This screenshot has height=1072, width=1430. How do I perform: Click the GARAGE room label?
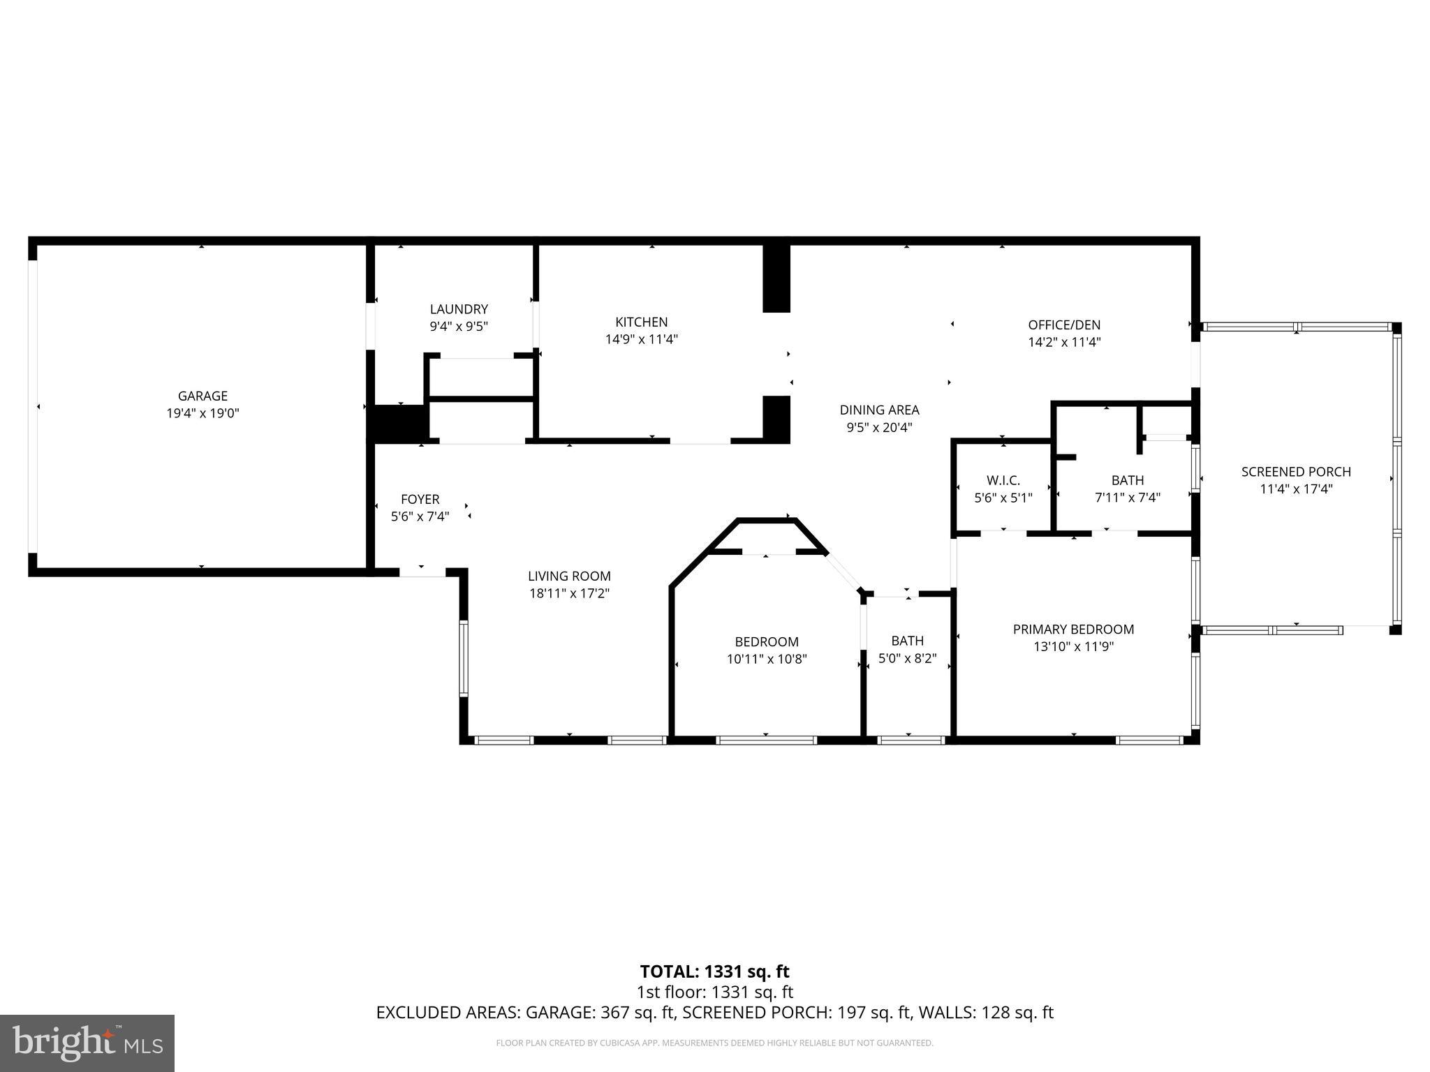(202, 396)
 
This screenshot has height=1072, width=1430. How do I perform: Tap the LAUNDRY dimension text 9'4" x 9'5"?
(459, 326)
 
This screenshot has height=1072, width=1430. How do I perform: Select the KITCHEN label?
(641, 322)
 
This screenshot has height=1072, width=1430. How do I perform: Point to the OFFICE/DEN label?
(1064, 325)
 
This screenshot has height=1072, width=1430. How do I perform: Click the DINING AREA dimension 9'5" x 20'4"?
(879, 427)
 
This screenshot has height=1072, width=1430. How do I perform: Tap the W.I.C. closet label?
(1003, 480)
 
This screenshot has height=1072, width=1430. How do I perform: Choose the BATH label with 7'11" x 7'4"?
(1128, 480)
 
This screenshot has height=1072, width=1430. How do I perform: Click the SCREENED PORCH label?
(1296, 472)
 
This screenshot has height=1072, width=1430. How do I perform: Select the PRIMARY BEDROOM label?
(1073, 629)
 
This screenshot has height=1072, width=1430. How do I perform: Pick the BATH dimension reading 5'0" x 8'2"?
(907, 658)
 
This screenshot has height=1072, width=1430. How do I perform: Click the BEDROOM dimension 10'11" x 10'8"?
(767, 658)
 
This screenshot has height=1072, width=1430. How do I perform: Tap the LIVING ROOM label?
(569, 576)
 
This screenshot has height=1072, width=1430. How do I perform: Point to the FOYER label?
(420, 499)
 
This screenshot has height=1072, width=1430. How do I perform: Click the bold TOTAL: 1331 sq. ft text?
(714, 971)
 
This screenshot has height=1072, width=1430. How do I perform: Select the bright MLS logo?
(87, 1043)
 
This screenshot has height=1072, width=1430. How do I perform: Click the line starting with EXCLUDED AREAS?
(714, 1012)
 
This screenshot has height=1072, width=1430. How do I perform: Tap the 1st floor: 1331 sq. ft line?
(714, 992)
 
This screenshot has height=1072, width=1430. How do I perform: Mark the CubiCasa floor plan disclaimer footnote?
(714, 1043)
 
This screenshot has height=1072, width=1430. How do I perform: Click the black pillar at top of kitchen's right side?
(776, 278)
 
